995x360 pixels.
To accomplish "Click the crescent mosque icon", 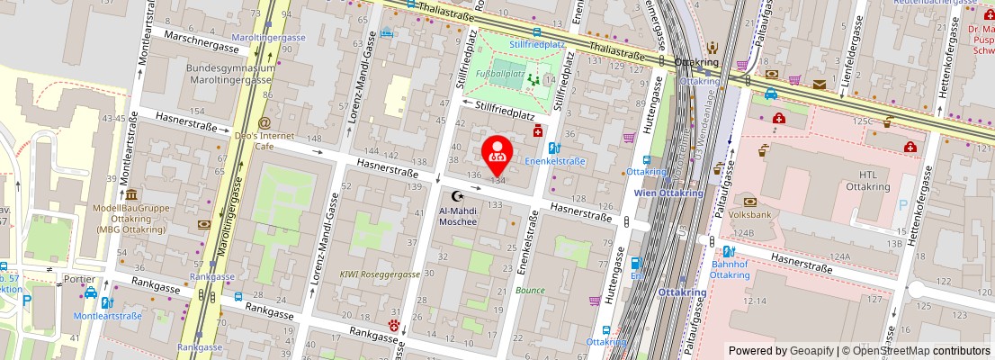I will [457, 195].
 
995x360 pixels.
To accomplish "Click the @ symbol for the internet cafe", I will [264, 122].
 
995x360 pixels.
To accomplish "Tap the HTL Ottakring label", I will [867, 180].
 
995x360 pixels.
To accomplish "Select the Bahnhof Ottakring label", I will [730, 268].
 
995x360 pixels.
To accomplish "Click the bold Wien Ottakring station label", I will [668, 193].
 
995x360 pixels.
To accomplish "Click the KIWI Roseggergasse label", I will [380, 274].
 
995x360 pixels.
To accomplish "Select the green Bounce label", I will [530, 291].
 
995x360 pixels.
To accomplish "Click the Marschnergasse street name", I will [196, 40].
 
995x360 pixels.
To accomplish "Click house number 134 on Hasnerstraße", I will [497, 180].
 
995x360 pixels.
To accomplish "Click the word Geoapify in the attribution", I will [812, 351].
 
